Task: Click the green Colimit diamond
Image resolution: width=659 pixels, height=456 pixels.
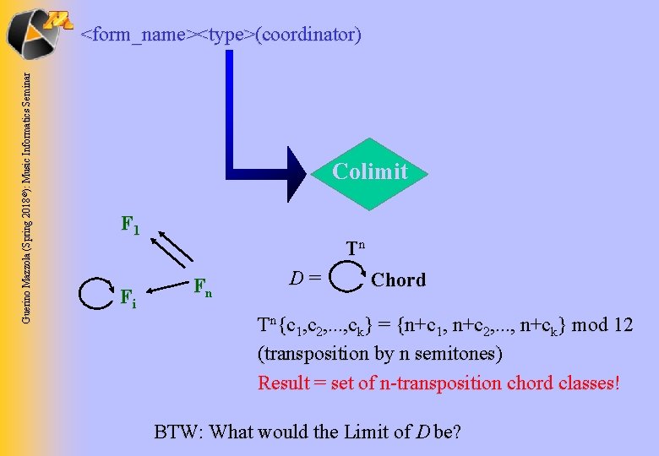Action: pos(369,172)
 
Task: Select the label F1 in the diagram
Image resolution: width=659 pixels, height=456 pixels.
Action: pos(130,225)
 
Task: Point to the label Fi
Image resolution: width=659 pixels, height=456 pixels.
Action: pos(128,297)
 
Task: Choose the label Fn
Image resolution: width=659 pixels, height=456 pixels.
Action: pos(203,287)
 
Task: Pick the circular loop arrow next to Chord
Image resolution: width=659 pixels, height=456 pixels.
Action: pos(345,276)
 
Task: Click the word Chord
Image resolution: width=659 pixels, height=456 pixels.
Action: pos(399,280)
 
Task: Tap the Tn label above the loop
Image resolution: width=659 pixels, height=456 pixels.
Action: pos(355,247)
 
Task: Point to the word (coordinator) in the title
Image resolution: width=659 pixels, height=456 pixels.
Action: pos(310,35)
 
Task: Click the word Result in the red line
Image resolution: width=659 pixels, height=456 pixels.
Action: pos(284,383)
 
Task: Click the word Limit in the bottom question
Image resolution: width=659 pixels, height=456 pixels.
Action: pos(365,432)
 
